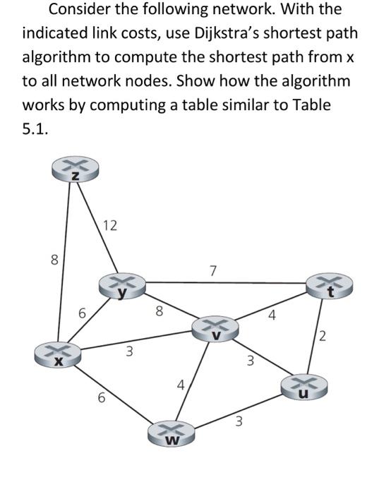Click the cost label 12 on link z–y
pyautogui.click(x=109, y=227)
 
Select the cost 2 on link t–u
pyautogui.click(x=323, y=337)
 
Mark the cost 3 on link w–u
pyautogui.click(x=239, y=423)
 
